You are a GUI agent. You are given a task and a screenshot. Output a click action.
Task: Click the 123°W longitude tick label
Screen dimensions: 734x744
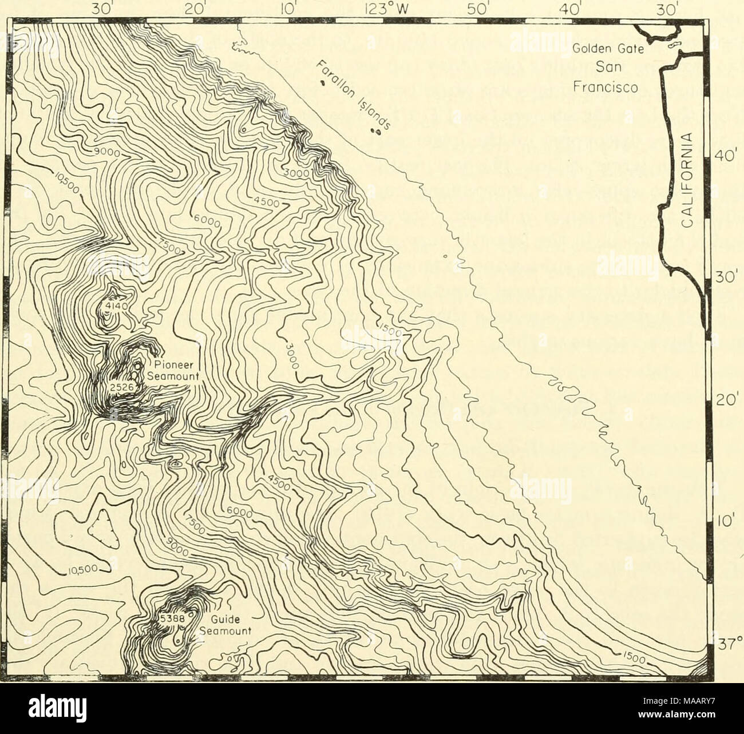pos(382,9)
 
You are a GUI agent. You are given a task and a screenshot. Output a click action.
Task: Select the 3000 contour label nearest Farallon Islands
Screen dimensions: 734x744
pos(298,172)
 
